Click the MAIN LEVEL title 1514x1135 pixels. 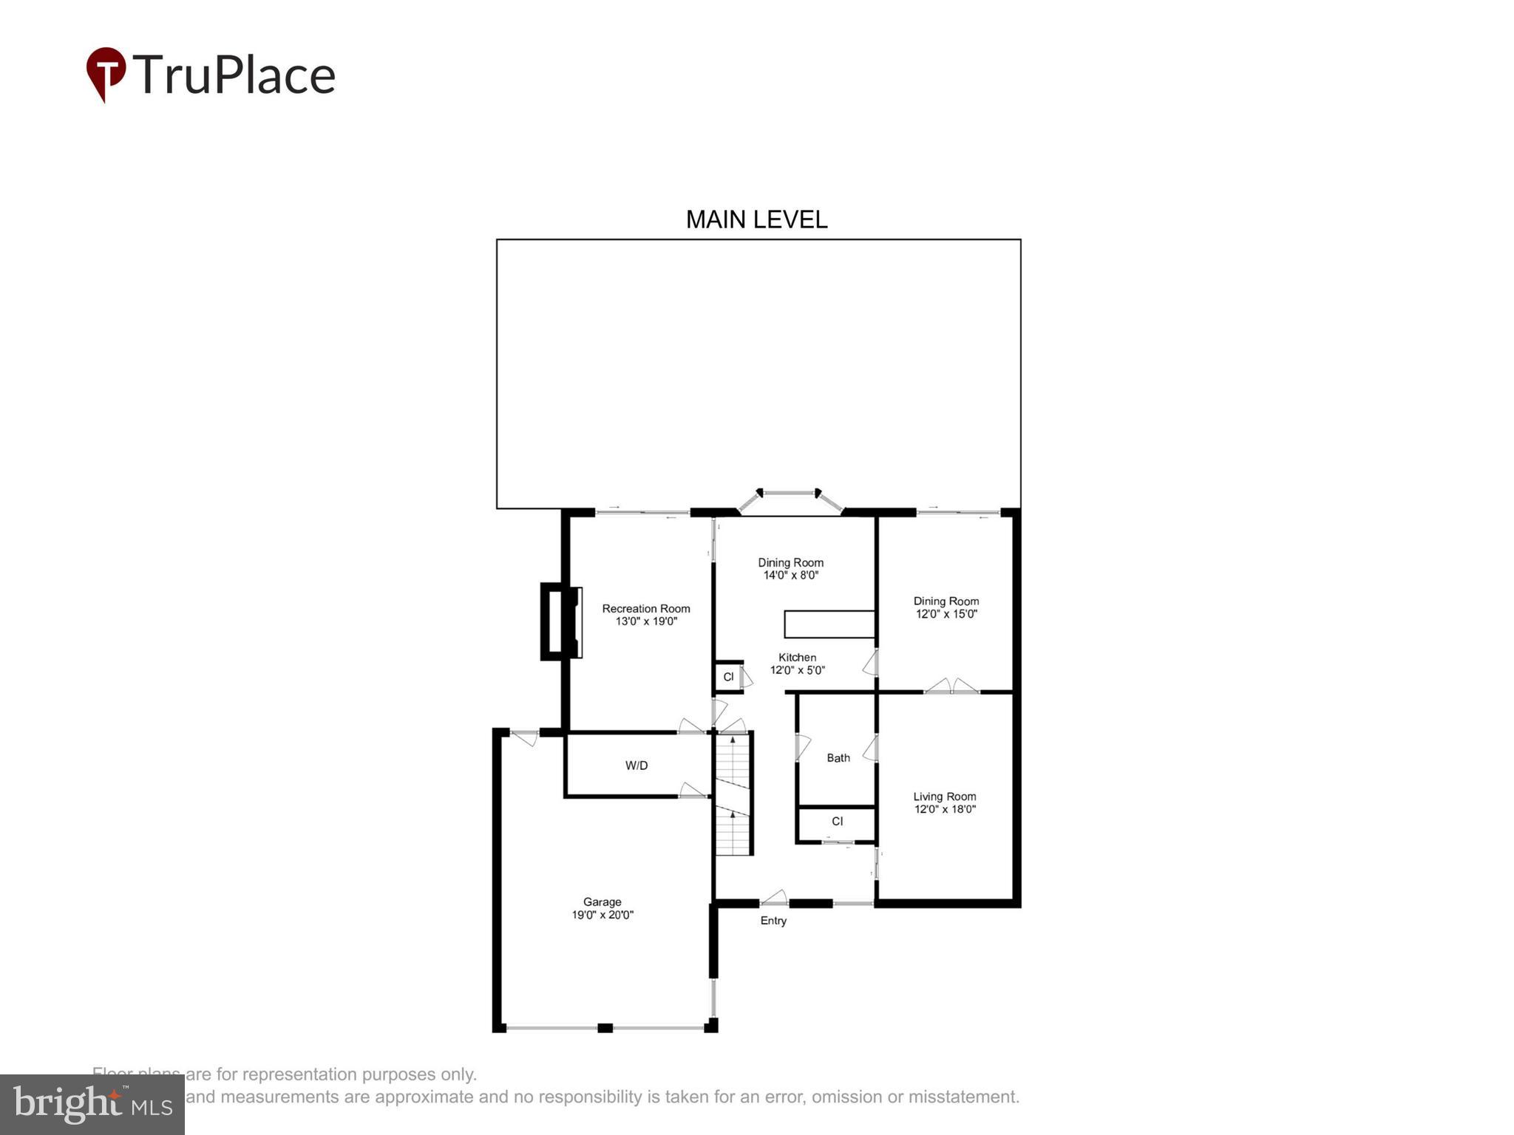click(756, 219)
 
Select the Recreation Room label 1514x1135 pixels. click(645, 608)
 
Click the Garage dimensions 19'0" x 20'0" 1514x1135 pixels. click(602, 915)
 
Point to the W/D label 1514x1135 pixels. click(637, 766)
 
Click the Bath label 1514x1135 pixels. click(838, 757)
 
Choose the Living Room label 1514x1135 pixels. click(945, 796)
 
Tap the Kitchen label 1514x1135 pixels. click(797, 657)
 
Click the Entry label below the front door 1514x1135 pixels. click(773, 921)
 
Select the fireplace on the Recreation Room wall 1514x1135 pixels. click(561, 621)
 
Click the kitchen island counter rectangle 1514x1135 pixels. click(829, 624)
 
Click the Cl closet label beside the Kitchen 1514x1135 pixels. click(728, 677)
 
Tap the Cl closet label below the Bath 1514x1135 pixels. click(837, 821)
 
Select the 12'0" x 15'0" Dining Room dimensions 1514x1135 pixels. click(946, 614)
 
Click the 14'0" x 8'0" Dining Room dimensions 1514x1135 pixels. click(790, 575)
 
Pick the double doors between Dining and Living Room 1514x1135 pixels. click(952, 686)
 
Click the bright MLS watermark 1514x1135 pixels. click(92, 1104)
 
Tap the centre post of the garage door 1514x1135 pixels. click(605, 1028)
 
